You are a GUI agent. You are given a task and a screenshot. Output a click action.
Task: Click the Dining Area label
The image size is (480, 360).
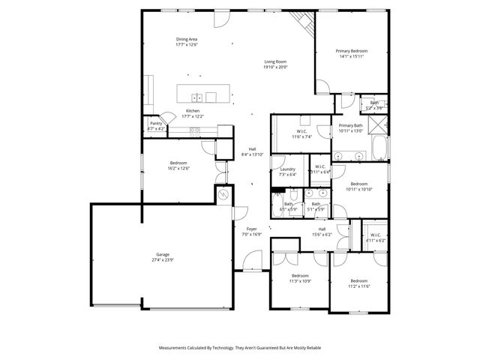(x=187, y=39)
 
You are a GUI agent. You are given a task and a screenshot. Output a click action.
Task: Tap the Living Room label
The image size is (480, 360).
(x=275, y=61)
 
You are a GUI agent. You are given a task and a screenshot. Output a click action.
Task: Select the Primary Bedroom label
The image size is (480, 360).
(x=351, y=51)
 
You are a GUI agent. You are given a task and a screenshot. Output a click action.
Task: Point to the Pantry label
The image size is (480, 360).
(x=156, y=123)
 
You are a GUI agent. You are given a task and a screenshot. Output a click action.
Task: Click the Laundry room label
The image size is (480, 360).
(x=286, y=169)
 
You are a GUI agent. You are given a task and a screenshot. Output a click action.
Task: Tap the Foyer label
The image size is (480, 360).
(x=251, y=229)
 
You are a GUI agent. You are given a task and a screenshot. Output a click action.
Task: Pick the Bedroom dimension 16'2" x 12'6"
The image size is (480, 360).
(x=178, y=169)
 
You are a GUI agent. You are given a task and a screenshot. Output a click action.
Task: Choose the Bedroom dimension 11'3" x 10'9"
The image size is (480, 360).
(x=300, y=281)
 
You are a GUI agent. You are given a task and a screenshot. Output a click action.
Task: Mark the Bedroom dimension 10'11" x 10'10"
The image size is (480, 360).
(x=358, y=189)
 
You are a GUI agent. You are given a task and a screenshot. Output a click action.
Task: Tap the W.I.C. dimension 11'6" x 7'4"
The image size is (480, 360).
(x=301, y=137)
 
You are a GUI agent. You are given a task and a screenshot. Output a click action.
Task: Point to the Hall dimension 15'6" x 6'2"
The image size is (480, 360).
(x=322, y=234)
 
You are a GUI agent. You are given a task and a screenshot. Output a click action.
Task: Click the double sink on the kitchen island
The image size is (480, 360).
(x=196, y=97)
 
